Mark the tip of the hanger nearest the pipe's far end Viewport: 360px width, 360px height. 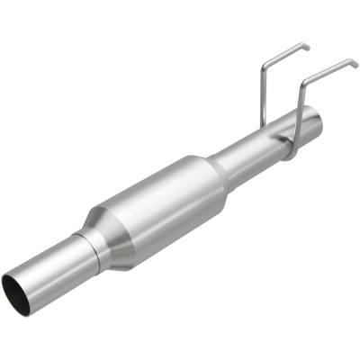pyautogui.click(x=356, y=62)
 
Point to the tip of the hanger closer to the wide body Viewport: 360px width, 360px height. pyautogui.click(x=308, y=45)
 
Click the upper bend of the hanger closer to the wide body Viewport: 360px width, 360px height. pyautogui.click(x=263, y=65)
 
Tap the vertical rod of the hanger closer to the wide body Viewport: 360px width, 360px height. pyautogui.click(x=261, y=99)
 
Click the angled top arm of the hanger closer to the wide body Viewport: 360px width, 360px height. pyautogui.click(x=286, y=52)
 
